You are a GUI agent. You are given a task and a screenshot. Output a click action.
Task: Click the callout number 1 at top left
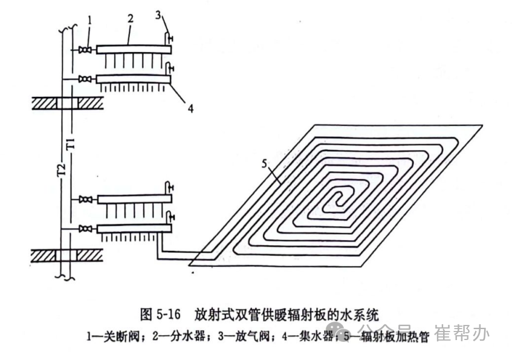(89, 20)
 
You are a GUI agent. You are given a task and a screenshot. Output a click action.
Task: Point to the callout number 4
(190, 109)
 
